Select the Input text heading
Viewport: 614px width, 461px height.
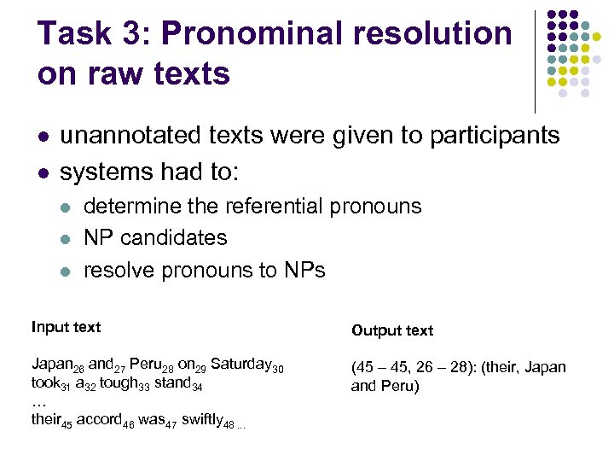pos(66,327)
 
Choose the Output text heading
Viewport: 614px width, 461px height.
pos(392,330)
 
